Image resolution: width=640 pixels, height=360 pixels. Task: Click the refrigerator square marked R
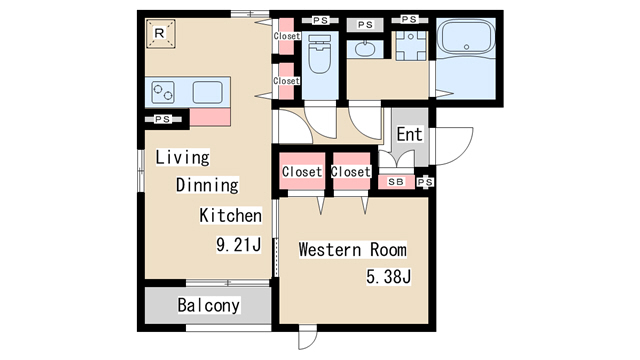pos(160,33)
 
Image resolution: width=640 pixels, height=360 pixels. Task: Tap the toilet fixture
pos(319,54)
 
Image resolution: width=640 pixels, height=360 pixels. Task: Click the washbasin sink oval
pos(364,49)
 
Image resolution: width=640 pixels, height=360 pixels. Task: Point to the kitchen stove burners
pos(163,92)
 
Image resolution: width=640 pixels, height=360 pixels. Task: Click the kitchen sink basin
pos(207,92)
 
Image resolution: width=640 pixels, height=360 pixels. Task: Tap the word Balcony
pos(209,305)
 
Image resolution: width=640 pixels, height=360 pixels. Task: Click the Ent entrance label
pos(409,134)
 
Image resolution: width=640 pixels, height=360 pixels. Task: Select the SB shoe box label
pos(396,182)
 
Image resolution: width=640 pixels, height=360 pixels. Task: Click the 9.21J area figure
pos(238,245)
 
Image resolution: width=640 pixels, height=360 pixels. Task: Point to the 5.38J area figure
pos(388,277)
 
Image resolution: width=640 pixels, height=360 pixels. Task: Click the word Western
pos(330,250)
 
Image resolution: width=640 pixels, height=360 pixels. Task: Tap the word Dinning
pos(207,185)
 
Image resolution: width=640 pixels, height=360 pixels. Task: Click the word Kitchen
pos(231,216)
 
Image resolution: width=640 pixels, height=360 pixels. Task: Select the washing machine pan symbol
pos(411,46)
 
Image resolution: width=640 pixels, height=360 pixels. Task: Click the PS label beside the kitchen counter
pos(162,119)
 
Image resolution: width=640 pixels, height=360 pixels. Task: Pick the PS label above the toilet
pos(320,20)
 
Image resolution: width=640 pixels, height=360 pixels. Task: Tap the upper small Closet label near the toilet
pos(287,36)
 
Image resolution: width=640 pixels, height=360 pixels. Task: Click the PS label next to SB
pos(425,182)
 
